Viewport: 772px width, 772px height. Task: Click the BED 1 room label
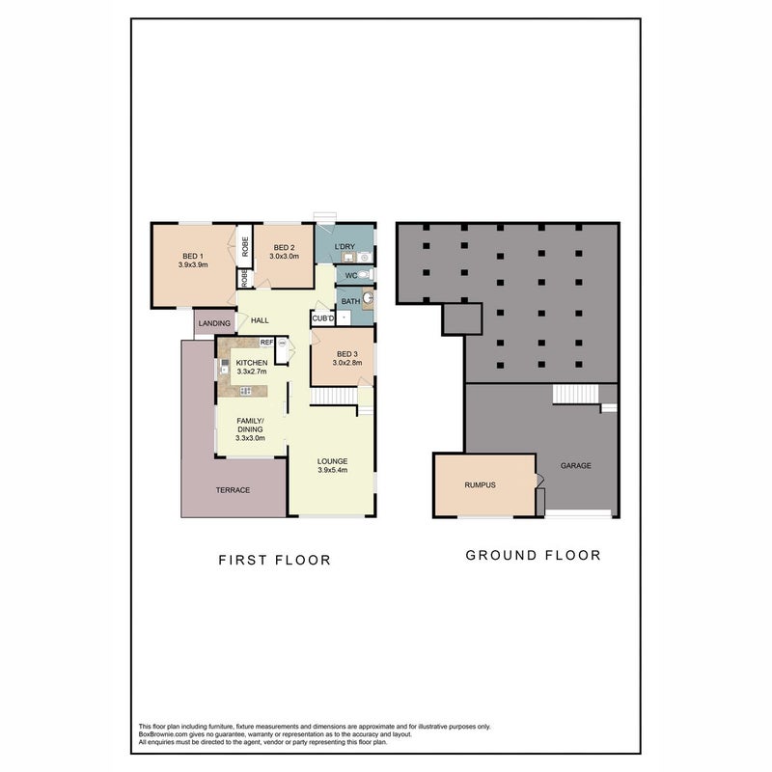(x=193, y=261)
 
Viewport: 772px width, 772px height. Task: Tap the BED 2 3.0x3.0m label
(x=284, y=252)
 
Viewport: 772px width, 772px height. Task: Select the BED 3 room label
(x=347, y=358)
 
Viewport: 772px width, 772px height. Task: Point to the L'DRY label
(x=345, y=247)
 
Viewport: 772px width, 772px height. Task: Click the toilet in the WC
(x=365, y=274)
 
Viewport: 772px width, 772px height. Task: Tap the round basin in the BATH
(x=369, y=297)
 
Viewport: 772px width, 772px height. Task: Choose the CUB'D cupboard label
(x=323, y=318)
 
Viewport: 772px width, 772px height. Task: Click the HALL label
(x=260, y=320)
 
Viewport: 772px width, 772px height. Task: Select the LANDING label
(x=214, y=323)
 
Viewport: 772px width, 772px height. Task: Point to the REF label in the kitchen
(x=267, y=343)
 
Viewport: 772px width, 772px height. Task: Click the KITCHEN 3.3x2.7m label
(x=252, y=367)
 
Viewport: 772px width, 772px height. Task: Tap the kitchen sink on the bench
(x=225, y=366)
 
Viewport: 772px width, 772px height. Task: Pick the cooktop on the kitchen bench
(x=245, y=391)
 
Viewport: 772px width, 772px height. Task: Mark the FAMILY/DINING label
(x=250, y=429)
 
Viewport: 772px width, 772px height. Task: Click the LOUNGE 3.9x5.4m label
(x=332, y=465)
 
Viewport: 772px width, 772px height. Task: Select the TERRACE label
(x=233, y=490)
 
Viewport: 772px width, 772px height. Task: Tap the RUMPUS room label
(x=480, y=485)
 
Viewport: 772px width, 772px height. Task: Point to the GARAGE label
(x=576, y=465)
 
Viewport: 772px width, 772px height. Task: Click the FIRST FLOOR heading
(x=275, y=560)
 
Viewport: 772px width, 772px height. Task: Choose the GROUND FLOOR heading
(x=534, y=556)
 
